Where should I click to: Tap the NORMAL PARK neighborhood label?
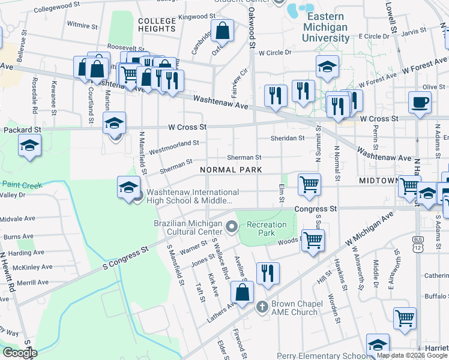231,170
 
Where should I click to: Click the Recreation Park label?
269,229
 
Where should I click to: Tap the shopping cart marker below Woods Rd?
313,240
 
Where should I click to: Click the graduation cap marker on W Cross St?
114,123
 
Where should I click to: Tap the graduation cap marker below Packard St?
29,146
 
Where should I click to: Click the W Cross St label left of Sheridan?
187,127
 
